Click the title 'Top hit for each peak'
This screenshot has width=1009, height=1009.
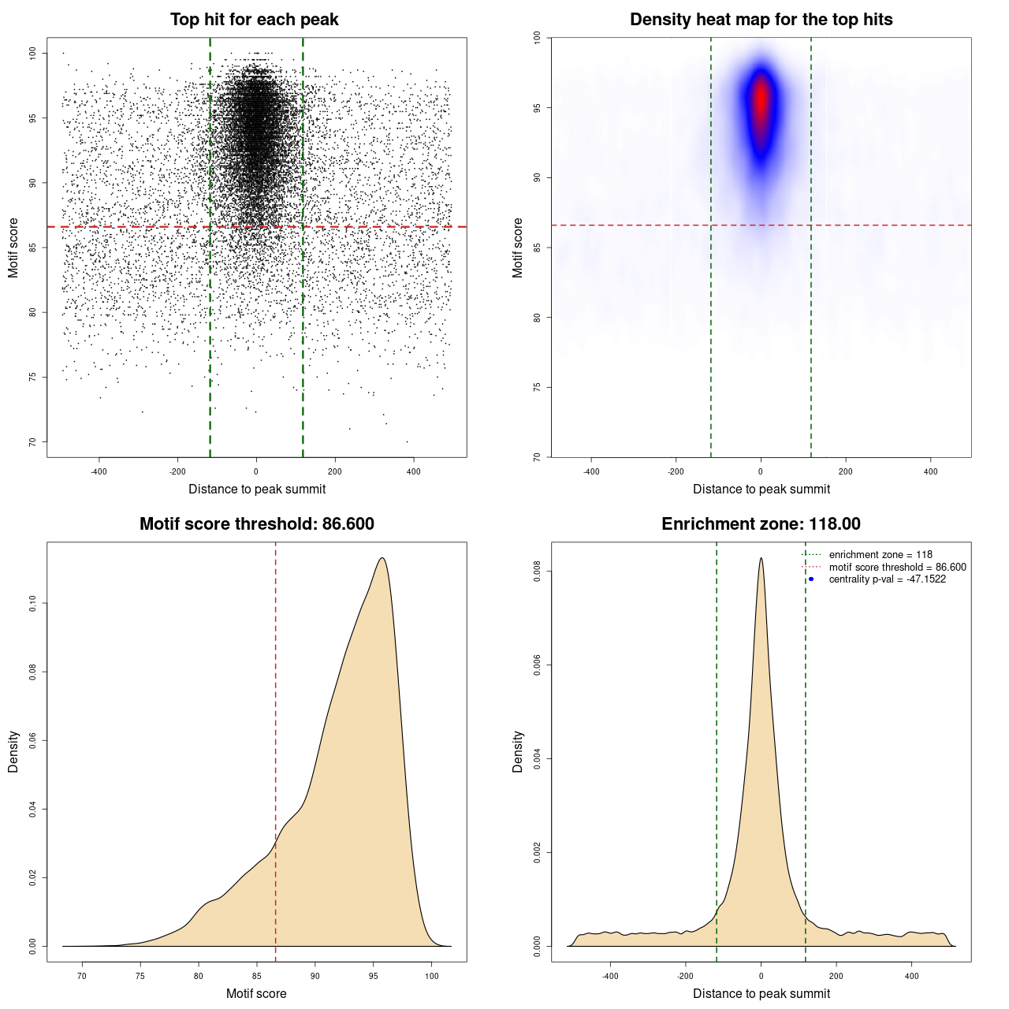click(254, 20)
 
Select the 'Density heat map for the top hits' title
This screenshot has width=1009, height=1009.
click(761, 20)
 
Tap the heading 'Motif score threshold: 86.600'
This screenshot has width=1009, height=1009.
click(256, 524)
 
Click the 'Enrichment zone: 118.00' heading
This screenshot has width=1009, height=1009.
click(761, 524)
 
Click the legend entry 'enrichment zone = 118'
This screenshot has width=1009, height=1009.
click(880, 555)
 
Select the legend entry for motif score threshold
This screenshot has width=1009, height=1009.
click(896, 568)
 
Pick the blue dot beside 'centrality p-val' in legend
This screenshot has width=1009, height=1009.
click(811, 579)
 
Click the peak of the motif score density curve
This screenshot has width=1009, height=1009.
click(382, 558)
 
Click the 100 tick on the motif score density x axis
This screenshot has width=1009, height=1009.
click(431, 976)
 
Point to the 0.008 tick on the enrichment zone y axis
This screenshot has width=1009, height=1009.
click(537, 572)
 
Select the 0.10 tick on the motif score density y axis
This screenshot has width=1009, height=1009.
click(32, 604)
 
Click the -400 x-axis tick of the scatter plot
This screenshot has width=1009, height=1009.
click(99, 471)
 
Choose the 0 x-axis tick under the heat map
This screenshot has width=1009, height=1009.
click(761, 471)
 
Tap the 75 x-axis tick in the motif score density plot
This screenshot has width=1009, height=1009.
click(140, 976)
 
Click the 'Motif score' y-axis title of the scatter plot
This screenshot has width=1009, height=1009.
click(13, 248)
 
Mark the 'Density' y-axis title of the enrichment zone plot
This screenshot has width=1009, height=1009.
click(518, 751)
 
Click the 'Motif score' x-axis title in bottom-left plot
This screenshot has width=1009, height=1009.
click(256, 993)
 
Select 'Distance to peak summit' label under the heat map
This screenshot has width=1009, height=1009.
click(761, 489)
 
